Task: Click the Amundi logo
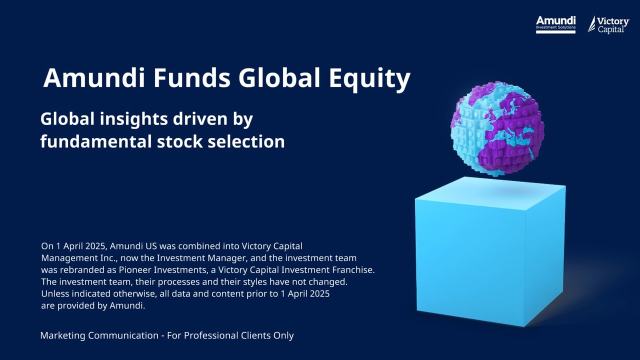(555, 24)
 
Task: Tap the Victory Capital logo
(608, 24)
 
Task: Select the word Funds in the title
(192, 78)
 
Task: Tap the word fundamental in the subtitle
(95, 141)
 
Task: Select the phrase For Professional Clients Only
(230, 335)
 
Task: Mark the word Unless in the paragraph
(54, 294)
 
